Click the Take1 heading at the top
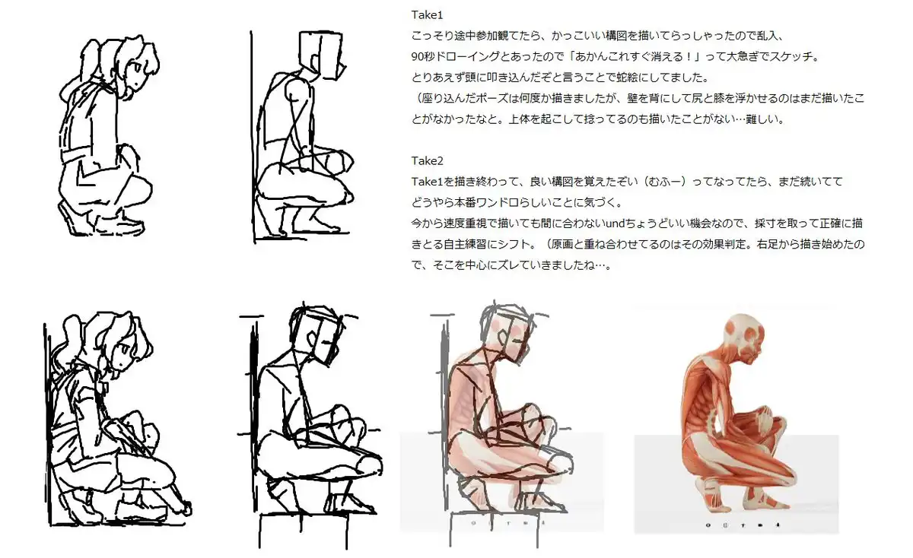coord(427,15)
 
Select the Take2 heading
coord(427,161)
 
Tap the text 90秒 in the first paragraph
coord(423,56)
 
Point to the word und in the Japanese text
coord(615,224)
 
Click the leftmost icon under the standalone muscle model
coord(708,525)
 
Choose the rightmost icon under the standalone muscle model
coord(778,525)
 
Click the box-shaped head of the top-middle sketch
coord(321,54)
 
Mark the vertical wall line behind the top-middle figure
coord(253,137)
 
